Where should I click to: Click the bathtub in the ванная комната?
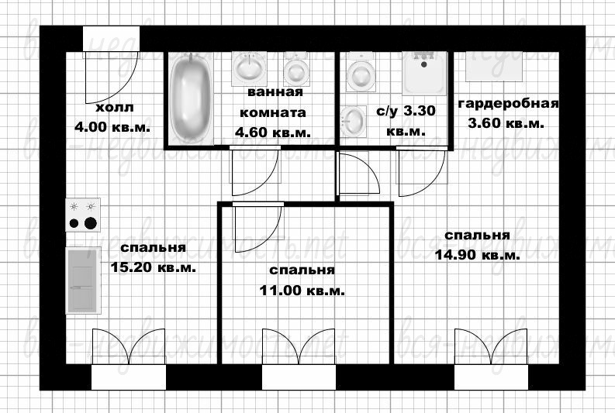pos(191,98)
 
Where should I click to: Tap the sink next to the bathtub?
pos(249,68)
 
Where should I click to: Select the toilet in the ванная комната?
pos(296,69)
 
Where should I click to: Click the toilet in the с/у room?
pos(361,72)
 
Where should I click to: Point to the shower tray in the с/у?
pos(424,74)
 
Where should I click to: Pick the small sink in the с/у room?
pos(353,122)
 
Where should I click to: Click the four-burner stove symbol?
pos(83,215)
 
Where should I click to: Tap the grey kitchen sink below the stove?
pos(83,280)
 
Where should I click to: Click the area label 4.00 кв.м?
pos(112,127)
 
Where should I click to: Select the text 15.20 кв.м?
pos(153,267)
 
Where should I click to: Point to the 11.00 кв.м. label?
pos(302,291)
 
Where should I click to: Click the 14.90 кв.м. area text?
pos(477,255)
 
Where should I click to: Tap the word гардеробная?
pos(508,104)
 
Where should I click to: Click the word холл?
pos(115,108)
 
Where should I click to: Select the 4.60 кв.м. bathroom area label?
pos(273,132)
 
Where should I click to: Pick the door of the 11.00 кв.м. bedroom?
pos(258,227)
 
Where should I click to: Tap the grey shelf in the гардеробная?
pos(494,67)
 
